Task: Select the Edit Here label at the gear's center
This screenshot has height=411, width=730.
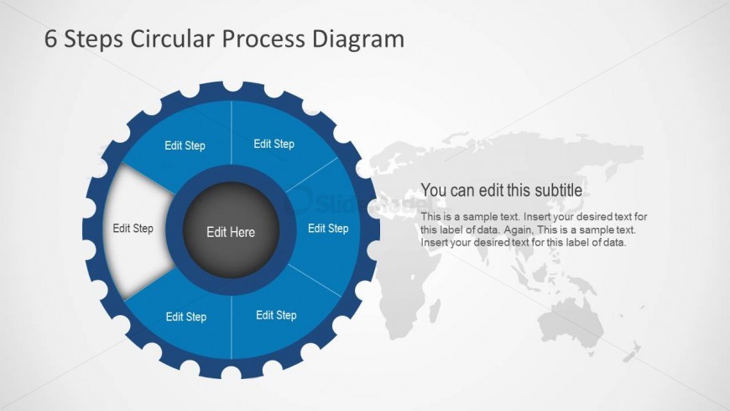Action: [x=230, y=232]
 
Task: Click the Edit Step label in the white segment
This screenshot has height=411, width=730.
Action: [x=133, y=228]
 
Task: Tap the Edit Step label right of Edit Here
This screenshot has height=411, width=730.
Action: [x=327, y=228]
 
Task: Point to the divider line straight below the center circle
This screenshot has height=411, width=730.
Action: [x=231, y=328]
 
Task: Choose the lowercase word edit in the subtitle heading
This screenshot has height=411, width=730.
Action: [x=493, y=190]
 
